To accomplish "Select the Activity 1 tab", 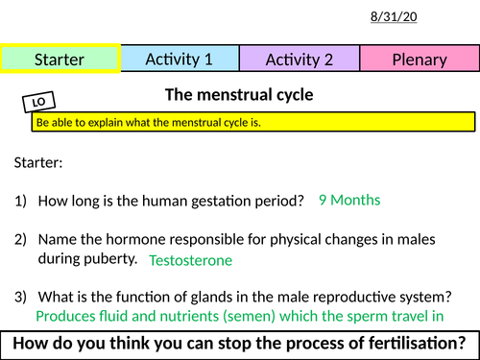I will [x=179, y=60].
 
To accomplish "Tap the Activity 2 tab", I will [x=299, y=60].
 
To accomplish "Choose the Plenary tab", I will [x=419, y=60].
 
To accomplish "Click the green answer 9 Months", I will [x=349, y=201].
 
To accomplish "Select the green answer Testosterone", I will [x=190, y=260].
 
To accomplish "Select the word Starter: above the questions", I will [x=37, y=163].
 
